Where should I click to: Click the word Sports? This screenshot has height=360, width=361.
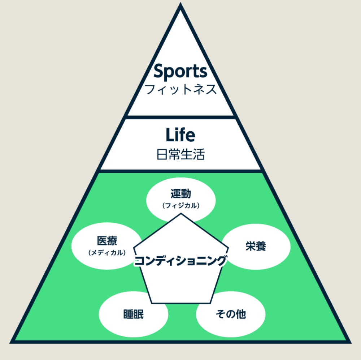[180, 72]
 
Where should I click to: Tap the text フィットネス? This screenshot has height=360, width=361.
[180, 89]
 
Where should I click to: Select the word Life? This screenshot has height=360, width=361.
[180, 135]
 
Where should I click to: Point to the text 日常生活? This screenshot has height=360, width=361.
[180, 155]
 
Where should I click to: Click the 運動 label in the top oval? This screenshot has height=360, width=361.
[181, 194]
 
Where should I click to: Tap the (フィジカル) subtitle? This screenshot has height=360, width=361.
[181, 206]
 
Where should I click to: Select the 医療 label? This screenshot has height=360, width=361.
[107, 241]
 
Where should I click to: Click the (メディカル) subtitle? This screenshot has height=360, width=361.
[107, 253]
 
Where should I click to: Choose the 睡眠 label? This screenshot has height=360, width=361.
[133, 314]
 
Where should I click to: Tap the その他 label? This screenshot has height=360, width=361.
[231, 314]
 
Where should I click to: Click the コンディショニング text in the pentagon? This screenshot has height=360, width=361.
[180, 261]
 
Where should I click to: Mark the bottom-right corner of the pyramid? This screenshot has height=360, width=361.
[349, 341]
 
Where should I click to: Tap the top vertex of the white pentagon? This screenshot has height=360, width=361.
[180, 214]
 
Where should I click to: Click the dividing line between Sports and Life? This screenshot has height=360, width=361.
[180, 117]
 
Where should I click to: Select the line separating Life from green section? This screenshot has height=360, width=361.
[180, 170]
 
